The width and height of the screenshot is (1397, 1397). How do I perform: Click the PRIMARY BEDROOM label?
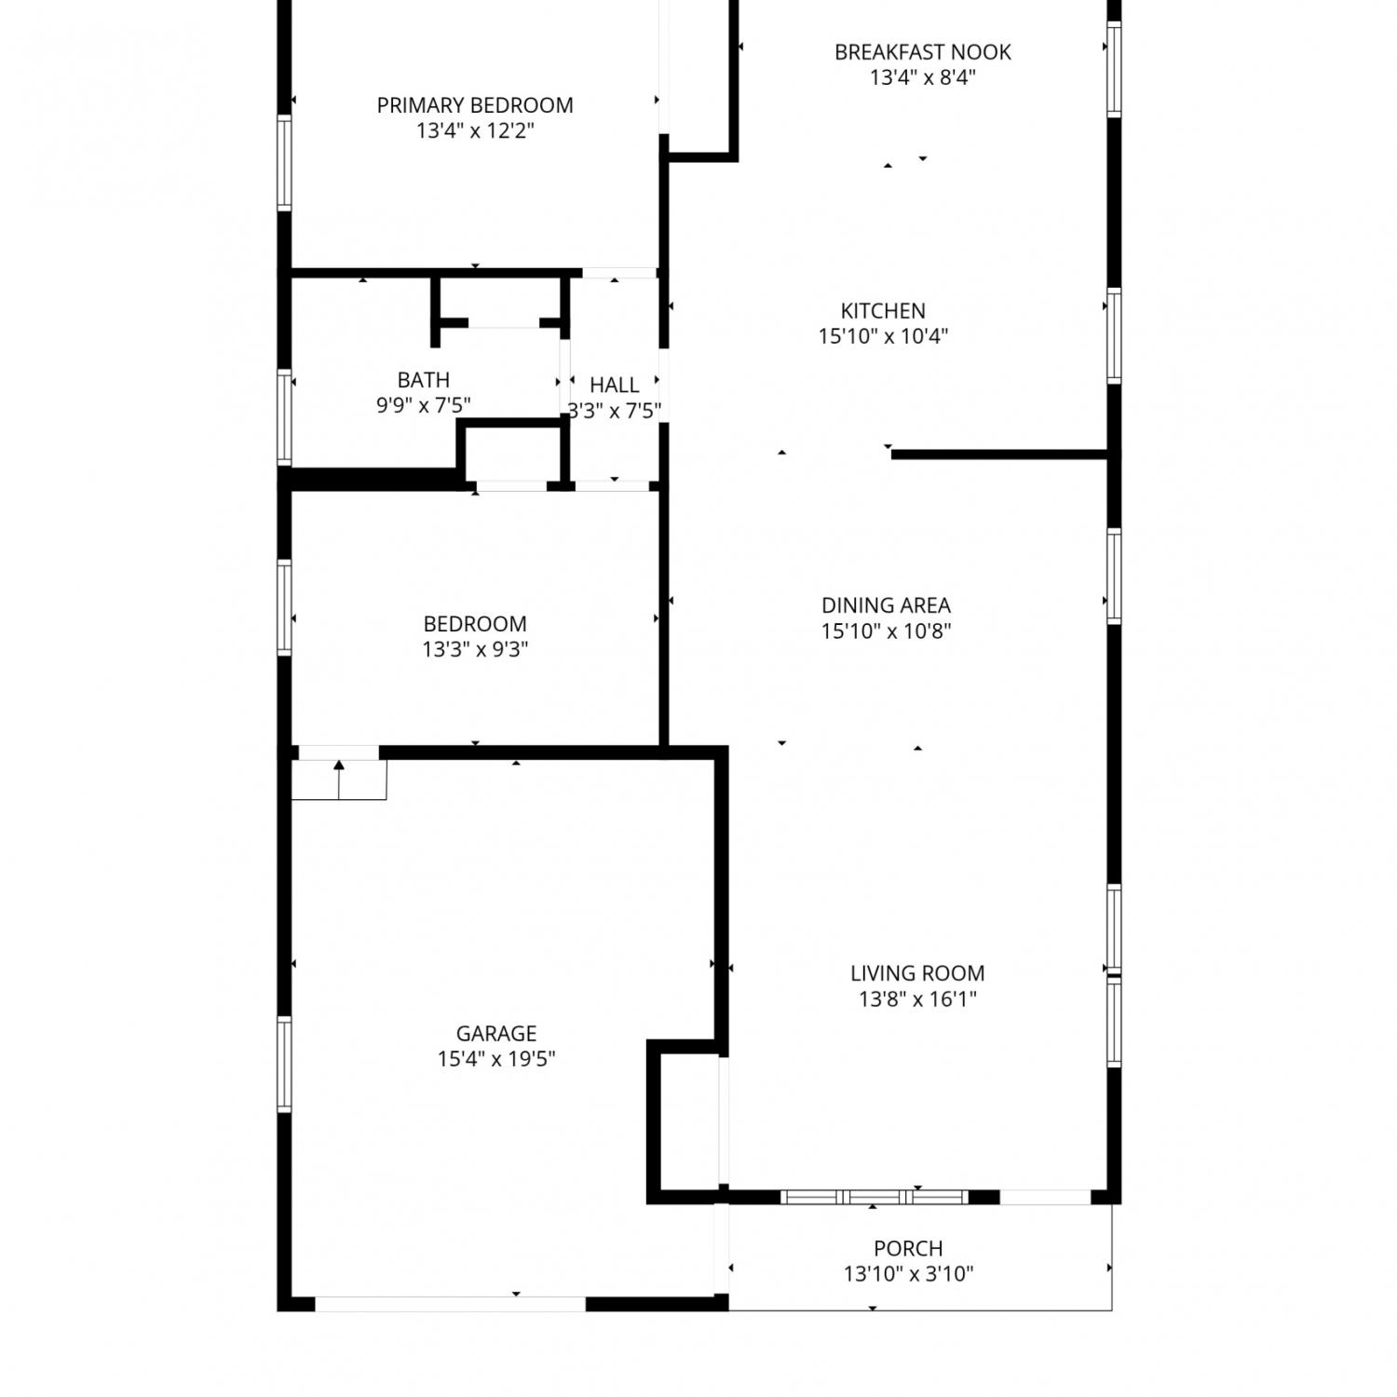475,105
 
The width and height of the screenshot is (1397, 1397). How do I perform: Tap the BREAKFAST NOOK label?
922,52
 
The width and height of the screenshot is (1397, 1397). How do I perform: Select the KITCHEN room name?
883,311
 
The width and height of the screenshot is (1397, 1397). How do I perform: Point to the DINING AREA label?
886,605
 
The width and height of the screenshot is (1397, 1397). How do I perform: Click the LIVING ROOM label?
917,973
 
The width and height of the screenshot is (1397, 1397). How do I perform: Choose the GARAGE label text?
496,1033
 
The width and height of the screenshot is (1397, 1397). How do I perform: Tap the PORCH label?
908,1248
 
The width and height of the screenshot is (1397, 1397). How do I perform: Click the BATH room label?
424,380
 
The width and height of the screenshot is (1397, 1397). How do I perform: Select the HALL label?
615,385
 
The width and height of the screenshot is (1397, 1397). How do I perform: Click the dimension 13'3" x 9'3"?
475,649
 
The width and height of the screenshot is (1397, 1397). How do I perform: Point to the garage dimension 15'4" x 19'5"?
496,1059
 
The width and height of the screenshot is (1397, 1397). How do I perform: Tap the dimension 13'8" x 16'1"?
917,999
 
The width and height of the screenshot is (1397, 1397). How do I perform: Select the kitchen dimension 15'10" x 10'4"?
883,336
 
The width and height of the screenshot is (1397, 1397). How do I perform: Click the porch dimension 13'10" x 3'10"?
908,1274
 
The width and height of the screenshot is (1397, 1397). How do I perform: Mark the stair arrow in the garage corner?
339,780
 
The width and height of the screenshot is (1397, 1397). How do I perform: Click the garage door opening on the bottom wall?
451,1304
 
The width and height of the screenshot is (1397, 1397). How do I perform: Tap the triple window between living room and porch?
875,1197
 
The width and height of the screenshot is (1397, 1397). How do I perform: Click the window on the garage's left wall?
284,1065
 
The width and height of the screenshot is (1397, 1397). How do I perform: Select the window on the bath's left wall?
284,417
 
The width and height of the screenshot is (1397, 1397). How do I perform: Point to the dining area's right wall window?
1114,576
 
